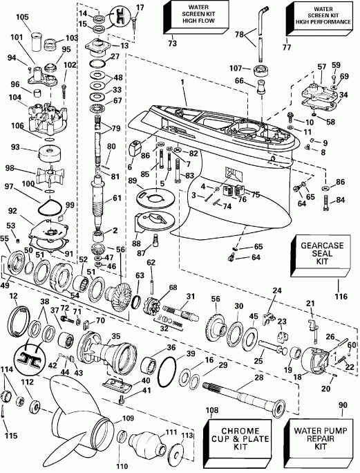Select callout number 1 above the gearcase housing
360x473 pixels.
click(x=183, y=82)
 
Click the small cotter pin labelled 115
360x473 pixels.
click(x=6, y=414)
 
